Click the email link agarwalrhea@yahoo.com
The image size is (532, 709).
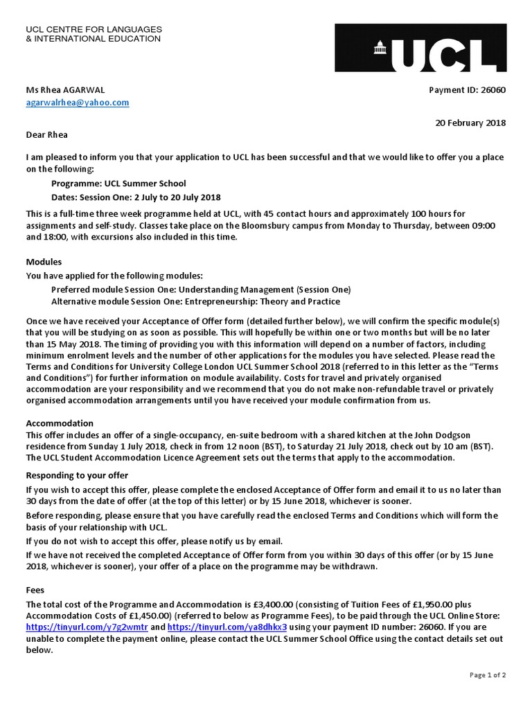pos(78,102)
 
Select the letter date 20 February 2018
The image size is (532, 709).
pos(470,123)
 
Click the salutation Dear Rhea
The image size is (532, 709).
pos(47,134)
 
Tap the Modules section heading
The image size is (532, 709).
pos(44,262)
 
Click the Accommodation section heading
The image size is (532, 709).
pos(60,423)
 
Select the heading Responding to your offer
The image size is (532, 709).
pos(77,476)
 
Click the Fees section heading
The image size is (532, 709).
pos(35,591)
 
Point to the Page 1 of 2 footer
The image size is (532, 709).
pos(487,675)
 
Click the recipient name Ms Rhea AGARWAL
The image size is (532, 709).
pos(66,90)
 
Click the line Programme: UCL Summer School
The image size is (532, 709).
pos(118,183)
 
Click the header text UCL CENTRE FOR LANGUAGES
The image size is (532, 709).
pos(94,30)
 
